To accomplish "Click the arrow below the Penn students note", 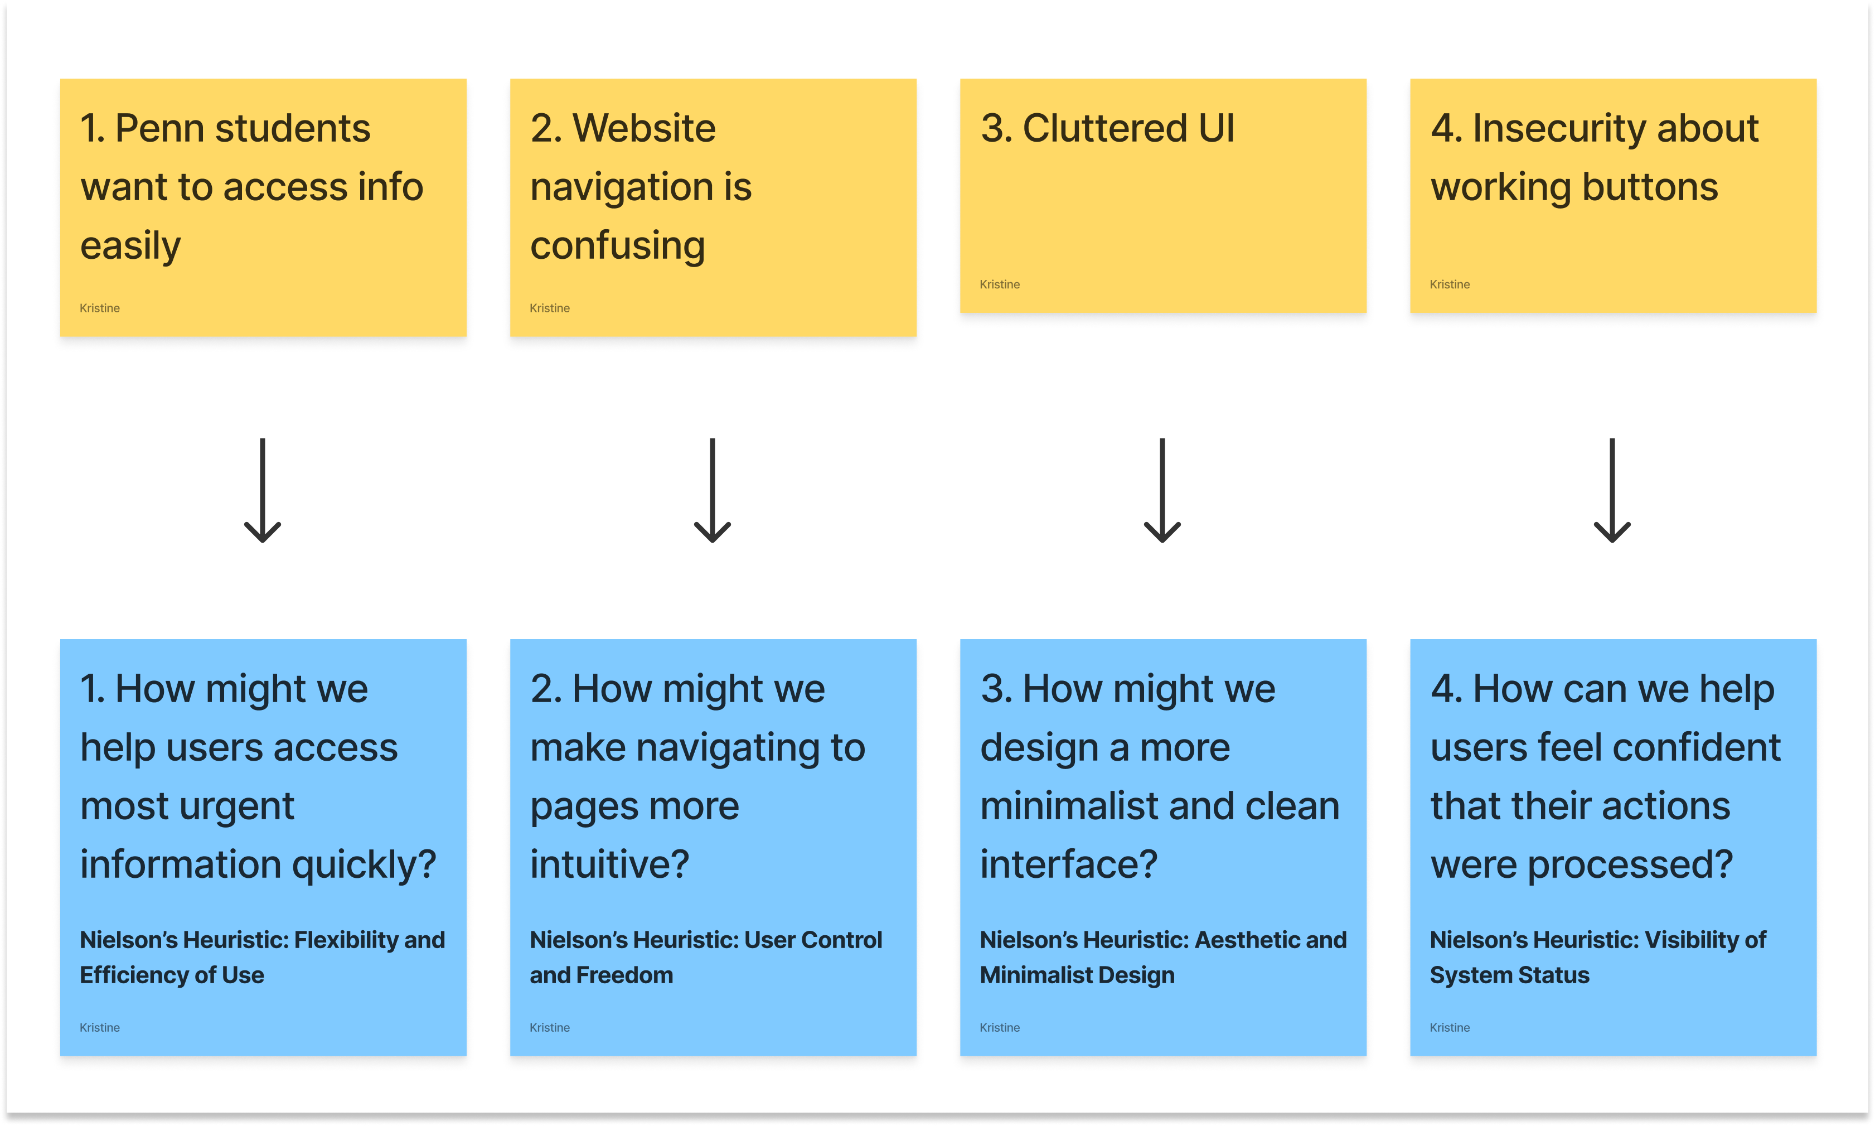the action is (x=263, y=490).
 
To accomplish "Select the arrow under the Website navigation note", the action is (x=712, y=490).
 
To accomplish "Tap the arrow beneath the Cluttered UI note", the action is (x=1162, y=490).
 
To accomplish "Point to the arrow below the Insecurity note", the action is (x=1612, y=490).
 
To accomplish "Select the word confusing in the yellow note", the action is (x=617, y=247).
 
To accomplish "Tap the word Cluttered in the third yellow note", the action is (x=1104, y=128).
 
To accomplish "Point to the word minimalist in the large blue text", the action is (x=1082, y=806).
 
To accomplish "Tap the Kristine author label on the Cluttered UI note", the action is (x=1000, y=284).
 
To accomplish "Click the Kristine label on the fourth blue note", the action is (x=1450, y=1027).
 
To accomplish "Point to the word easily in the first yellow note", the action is (x=130, y=247).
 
